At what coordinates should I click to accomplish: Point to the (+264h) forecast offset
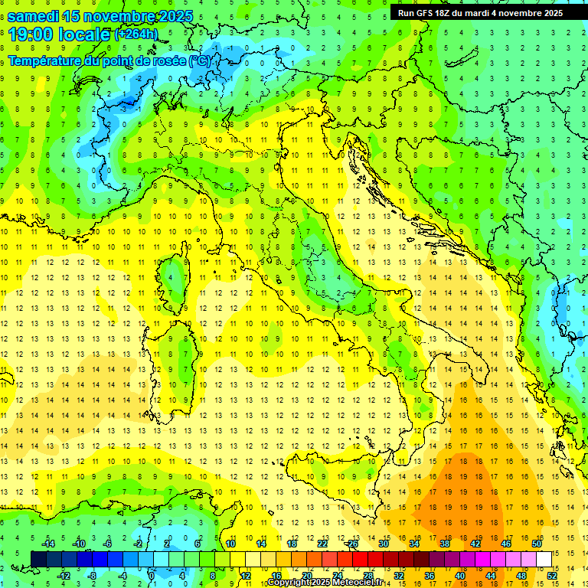pyautogui.click(x=136, y=34)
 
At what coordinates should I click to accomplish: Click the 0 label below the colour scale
pyautogui.click(x=152, y=576)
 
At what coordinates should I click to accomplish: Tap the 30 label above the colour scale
pyautogui.click(x=384, y=544)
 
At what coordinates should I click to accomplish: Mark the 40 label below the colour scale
pyautogui.click(x=460, y=576)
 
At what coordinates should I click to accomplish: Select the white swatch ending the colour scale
pyautogui.click(x=544, y=559)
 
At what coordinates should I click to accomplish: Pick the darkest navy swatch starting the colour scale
pyautogui.click(x=38, y=559)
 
